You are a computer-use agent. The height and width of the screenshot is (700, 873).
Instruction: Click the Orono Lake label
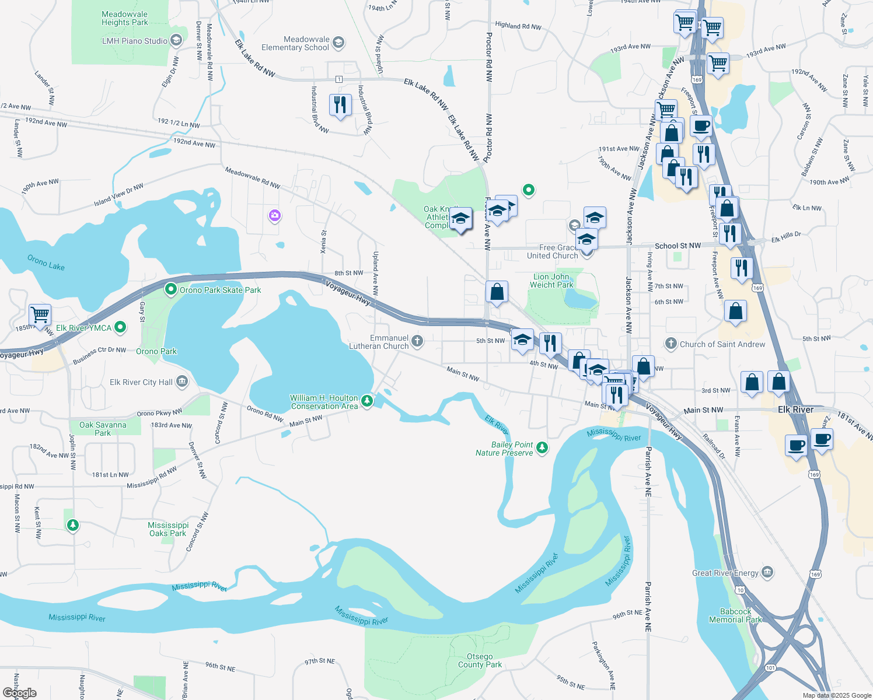click(46, 262)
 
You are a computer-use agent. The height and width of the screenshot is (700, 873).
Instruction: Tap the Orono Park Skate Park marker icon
click(171, 289)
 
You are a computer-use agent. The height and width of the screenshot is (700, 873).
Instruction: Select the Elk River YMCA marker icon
click(120, 328)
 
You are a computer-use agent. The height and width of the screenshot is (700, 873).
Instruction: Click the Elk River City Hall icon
click(182, 382)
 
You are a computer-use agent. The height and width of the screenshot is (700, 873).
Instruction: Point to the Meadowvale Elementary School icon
click(338, 43)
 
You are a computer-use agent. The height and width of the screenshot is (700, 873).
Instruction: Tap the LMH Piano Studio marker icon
click(176, 41)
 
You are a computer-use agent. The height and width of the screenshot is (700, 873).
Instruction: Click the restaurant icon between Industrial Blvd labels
click(340, 106)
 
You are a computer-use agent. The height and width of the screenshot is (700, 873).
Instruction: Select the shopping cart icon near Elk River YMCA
click(40, 315)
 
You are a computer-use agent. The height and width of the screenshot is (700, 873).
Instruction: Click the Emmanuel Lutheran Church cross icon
click(417, 341)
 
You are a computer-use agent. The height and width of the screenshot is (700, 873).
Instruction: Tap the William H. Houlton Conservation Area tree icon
click(367, 401)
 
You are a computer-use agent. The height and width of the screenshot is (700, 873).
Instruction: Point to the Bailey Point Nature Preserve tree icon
click(542, 448)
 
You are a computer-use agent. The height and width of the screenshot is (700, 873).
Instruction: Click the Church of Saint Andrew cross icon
click(671, 344)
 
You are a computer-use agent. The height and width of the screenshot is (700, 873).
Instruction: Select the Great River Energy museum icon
click(767, 572)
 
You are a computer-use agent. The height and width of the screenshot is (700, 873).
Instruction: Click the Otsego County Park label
click(480, 660)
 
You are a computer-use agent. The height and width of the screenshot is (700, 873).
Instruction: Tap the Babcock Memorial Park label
click(735, 615)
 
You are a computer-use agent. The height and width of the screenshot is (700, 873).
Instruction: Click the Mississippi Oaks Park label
click(168, 529)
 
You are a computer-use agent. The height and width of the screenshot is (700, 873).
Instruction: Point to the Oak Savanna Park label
click(103, 429)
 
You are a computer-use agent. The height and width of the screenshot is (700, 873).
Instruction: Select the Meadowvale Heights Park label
click(125, 18)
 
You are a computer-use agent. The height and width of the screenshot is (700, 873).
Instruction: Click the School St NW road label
click(678, 246)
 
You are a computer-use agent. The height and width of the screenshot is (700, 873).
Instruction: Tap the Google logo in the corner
click(20, 693)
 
